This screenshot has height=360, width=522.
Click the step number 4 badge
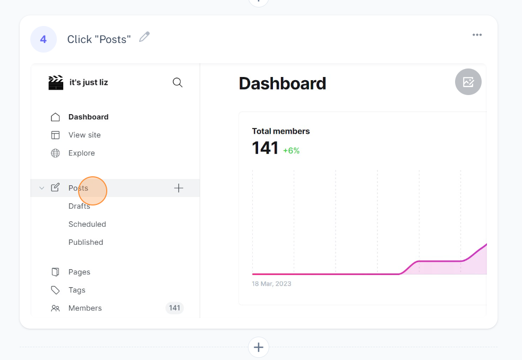44,39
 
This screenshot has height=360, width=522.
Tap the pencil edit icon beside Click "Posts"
144,37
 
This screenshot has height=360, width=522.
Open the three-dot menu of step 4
477,35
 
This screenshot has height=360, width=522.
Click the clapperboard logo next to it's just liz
56,82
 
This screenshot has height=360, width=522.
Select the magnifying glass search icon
178,82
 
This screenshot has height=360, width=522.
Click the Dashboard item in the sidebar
88,117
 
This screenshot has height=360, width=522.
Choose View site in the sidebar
84,135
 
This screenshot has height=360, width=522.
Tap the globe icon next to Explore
55,153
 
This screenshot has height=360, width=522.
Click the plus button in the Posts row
178,188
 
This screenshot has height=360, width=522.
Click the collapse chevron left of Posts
41,188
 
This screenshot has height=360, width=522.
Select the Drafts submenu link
79,206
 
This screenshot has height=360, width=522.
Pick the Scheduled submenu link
87,224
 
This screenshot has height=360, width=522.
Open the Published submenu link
86,242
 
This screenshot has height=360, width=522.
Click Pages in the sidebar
79,272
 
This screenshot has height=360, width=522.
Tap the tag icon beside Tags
55,290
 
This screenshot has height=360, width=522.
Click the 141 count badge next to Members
175,308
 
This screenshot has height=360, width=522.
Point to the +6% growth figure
292,150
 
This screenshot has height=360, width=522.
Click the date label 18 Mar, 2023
272,284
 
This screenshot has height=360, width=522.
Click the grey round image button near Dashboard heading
468,82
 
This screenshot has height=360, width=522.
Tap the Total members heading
280,131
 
